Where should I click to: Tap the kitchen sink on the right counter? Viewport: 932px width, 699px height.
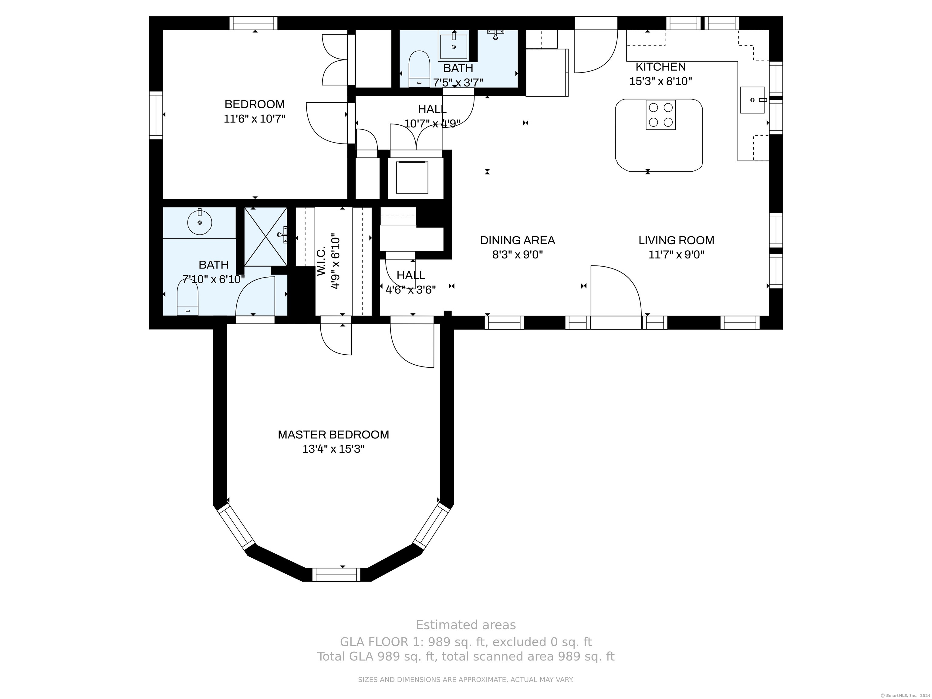752,100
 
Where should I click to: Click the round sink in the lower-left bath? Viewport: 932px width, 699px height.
199,222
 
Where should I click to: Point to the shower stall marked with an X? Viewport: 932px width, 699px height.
265,237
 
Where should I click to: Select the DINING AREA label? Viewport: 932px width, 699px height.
517,240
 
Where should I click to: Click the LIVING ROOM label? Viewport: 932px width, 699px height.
676,240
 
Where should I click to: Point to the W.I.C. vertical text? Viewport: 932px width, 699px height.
321,262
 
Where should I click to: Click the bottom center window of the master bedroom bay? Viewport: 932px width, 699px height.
336,574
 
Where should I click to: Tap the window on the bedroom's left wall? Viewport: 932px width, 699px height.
156,115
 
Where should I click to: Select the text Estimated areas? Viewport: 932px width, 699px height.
466,625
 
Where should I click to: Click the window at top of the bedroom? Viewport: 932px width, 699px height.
253,23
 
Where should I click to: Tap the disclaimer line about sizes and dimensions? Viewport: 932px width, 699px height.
466,680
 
